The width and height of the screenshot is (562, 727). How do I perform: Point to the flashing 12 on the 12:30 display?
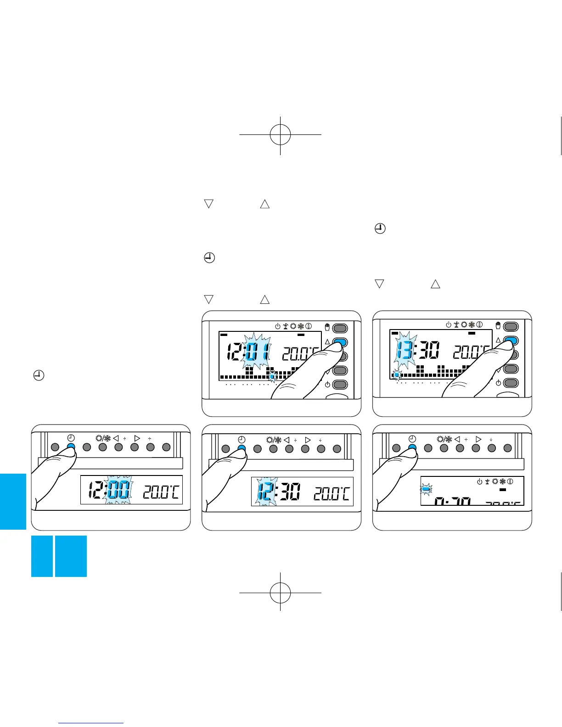[x=265, y=491]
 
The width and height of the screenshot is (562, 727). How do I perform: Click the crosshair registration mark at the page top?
[x=280, y=134]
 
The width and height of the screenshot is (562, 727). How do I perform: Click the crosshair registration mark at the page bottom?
[x=280, y=593]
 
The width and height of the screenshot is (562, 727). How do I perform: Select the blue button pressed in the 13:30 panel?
[x=511, y=341]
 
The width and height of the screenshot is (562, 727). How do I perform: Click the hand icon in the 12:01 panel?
[x=327, y=327]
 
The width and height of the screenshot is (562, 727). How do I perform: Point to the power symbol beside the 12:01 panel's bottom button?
[x=327, y=385]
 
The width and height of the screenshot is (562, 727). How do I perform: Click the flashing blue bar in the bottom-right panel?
[x=426, y=490]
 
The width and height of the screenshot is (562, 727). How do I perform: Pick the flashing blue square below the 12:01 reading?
[x=272, y=377]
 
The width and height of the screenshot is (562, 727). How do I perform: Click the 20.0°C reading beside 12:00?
[x=161, y=492]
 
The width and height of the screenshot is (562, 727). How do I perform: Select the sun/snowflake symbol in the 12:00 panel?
[x=103, y=438]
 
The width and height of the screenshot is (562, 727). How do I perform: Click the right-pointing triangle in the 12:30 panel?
[x=308, y=440]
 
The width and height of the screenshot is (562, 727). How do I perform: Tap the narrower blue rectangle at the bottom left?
[x=42, y=556]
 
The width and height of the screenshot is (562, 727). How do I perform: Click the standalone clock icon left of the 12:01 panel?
[x=39, y=376]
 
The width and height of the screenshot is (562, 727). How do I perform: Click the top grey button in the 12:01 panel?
[x=340, y=328]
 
